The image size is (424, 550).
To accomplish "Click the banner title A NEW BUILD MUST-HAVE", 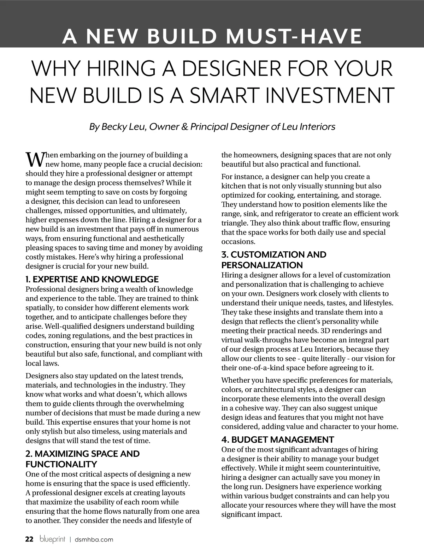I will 212,36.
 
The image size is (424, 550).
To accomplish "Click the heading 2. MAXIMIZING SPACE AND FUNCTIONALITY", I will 82,459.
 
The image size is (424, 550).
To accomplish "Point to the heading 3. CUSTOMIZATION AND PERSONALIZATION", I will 274,260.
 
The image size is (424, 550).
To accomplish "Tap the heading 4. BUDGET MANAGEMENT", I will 278,440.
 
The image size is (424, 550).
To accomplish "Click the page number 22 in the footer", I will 29,539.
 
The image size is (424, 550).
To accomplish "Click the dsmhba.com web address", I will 94,539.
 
